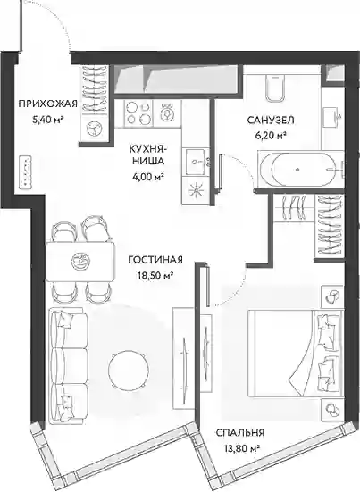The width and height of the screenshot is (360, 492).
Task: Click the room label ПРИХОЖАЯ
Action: (x=47, y=104)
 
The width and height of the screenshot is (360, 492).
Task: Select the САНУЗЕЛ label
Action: (x=271, y=121)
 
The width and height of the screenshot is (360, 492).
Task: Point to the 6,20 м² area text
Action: (x=271, y=135)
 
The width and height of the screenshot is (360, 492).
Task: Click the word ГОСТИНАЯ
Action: (x=155, y=260)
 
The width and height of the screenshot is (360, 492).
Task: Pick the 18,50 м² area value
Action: (x=155, y=275)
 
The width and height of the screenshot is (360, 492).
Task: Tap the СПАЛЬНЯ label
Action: (x=240, y=433)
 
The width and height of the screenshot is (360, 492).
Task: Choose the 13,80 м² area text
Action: (x=240, y=449)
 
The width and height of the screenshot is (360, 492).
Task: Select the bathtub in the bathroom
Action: (x=301, y=170)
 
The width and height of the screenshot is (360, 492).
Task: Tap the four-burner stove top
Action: (x=138, y=113)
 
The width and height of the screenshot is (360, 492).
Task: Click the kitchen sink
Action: (x=197, y=162)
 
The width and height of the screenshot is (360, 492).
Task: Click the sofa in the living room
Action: (x=69, y=365)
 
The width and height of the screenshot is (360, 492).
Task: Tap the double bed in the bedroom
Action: (x=295, y=354)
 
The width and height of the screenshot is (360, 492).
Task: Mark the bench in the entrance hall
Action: (x=25, y=172)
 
